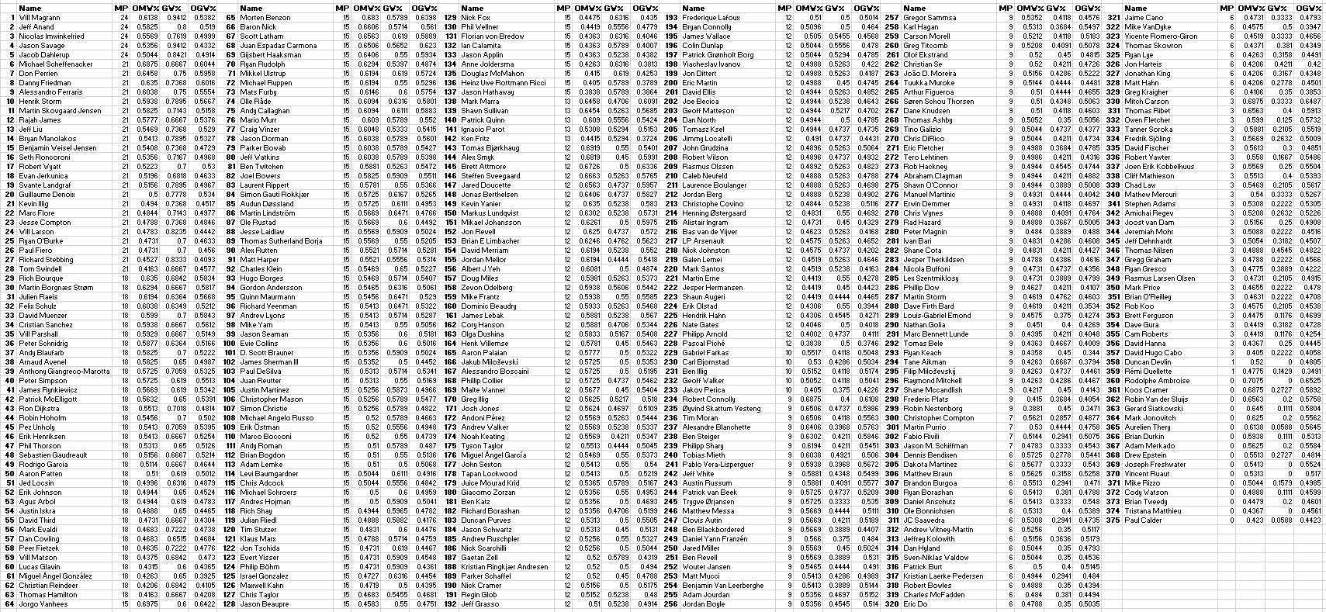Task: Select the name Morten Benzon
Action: [265, 17]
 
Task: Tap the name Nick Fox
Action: [476, 17]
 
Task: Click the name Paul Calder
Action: [1141, 520]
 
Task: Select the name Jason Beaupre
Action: [265, 603]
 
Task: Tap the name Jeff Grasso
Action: [480, 603]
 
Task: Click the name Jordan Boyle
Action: [703, 603]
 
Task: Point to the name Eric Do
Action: [916, 603]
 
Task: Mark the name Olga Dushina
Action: [483, 334]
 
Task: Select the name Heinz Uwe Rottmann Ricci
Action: [504, 82]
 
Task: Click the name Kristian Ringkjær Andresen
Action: [504, 566]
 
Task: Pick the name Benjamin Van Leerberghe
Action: [723, 585]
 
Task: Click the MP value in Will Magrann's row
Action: [124, 17]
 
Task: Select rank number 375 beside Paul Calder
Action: [1113, 520]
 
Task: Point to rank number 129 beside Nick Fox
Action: [448, 17]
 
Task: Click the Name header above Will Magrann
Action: [29, 8]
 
